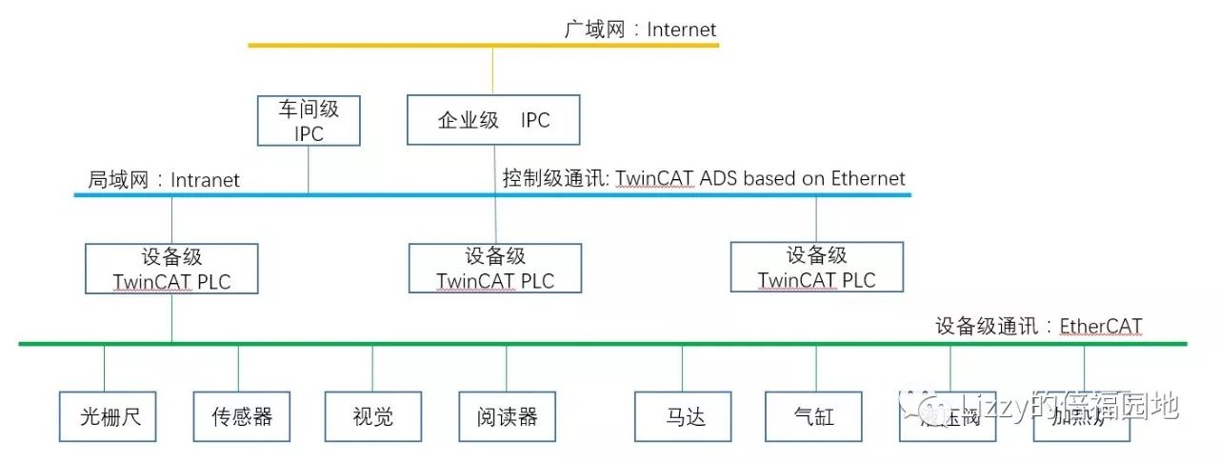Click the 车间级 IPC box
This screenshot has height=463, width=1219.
coord(310,120)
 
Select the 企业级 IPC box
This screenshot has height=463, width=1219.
coord(493,119)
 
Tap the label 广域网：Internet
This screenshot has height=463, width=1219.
coord(640,30)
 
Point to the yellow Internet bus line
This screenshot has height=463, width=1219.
coord(381,45)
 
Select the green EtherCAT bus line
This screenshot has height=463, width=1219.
coord(571,342)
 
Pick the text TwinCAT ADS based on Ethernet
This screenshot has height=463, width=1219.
coord(760,178)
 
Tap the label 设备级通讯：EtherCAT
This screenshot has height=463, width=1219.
coord(1038,327)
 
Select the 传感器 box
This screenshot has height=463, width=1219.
coord(241,416)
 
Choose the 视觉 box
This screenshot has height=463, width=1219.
coord(372,416)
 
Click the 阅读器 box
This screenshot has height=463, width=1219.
coord(507,416)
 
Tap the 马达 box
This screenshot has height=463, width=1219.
coord(683,416)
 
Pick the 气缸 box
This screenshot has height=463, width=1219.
coord(813,416)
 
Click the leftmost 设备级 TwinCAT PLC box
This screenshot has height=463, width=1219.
coord(171,269)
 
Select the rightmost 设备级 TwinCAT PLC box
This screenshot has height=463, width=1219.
coord(816,267)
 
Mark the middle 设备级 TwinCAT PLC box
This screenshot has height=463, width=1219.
coord(495,268)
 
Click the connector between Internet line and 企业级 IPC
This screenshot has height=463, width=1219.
coord(492,70)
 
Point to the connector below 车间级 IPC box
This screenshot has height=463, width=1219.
coord(309,170)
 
